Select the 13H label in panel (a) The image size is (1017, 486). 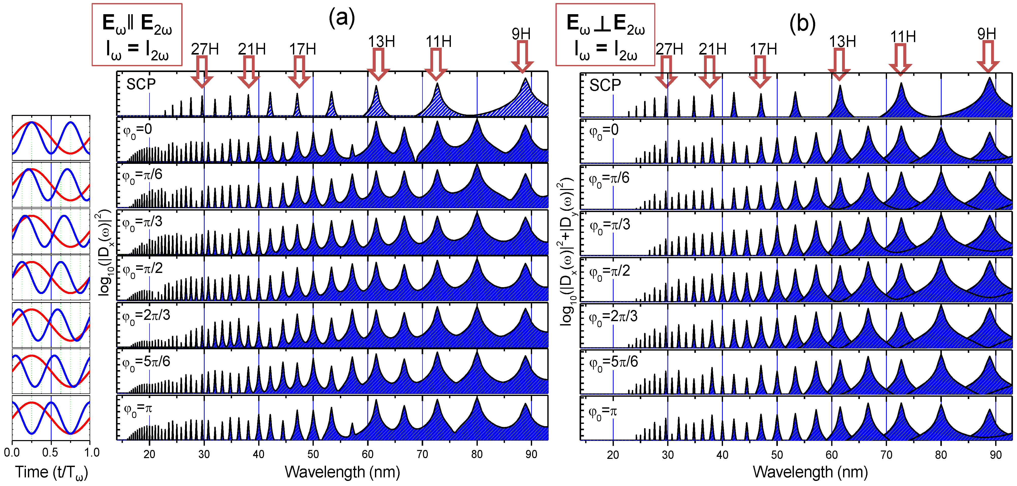coord(381,41)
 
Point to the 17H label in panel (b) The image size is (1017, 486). coord(763,49)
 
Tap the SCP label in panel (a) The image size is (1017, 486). coord(141,84)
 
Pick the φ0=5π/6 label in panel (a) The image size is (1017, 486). coord(146,362)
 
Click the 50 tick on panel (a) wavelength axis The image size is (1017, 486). coord(313,454)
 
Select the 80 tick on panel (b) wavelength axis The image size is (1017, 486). coord(941,455)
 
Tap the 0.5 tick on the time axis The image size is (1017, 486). coord(50,452)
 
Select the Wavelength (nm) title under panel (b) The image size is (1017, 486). coord(810,472)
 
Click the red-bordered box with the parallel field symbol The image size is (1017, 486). coord(137,34)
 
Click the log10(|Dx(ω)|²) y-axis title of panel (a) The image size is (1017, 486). coord(104,252)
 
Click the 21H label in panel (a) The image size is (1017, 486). coord(252,49)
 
